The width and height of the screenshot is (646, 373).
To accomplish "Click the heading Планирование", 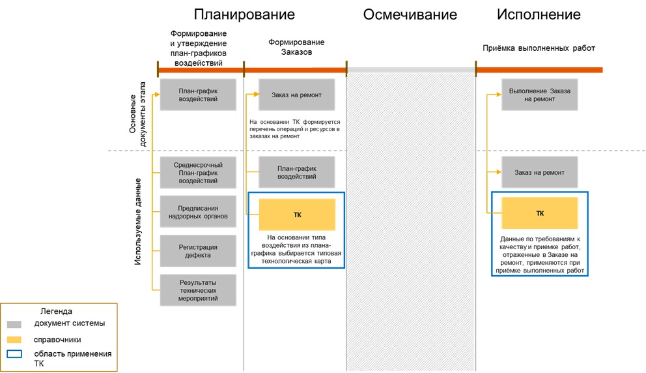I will coord(244,14).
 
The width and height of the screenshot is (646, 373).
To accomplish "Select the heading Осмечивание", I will coord(410,15).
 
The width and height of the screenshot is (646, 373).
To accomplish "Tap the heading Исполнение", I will coord(539,14).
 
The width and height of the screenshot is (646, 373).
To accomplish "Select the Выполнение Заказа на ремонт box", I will coord(539,95).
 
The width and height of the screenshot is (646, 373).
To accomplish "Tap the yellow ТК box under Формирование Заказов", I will coord(297,215).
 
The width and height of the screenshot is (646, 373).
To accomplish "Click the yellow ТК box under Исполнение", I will coord(539,213).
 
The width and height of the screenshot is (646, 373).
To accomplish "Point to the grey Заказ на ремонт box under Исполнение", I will coord(539,173).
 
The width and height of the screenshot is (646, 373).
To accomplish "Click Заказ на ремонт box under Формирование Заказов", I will coord(297,95).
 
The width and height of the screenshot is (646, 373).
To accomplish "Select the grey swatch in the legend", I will coord(14,324).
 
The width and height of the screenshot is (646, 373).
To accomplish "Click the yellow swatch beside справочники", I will coord(14,340).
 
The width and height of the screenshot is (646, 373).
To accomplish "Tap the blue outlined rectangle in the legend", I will coord(14,355).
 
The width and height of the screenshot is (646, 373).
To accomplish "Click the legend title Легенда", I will coord(56,311).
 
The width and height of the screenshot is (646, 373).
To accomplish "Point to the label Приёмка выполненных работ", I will coord(539,48).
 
